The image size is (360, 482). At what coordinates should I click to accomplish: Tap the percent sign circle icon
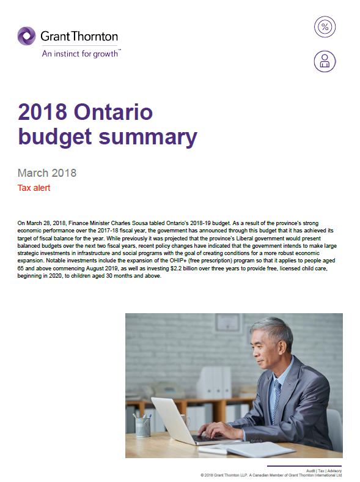click(325, 28)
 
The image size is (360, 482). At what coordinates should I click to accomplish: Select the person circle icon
click(325, 61)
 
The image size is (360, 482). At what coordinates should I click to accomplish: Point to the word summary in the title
click(153, 136)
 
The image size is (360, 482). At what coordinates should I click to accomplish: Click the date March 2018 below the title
click(47, 173)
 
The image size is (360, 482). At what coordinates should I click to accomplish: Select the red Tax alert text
click(34, 188)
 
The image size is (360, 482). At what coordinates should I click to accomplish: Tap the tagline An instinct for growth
click(81, 53)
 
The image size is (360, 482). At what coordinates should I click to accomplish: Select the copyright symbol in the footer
click(202, 475)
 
